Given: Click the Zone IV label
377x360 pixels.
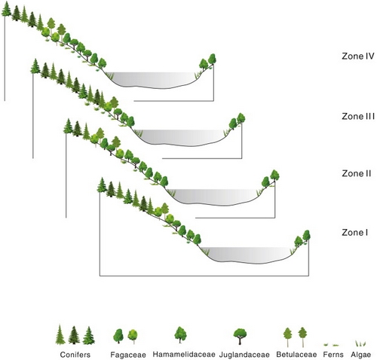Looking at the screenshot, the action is click(x=358, y=56).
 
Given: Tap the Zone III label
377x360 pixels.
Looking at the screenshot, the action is click(x=358, y=116).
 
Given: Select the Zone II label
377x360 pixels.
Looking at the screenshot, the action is click(x=357, y=173).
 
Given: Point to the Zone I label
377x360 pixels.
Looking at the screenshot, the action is click(x=354, y=233).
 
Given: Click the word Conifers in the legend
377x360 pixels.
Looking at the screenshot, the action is click(x=75, y=355).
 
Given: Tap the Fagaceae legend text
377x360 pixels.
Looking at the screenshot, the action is click(x=128, y=355).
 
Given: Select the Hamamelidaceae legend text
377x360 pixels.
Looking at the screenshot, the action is click(x=184, y=354).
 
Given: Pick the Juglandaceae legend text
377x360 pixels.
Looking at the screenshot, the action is click(x=244, y=355).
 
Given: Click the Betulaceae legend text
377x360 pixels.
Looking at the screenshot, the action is click(x=296, y=355).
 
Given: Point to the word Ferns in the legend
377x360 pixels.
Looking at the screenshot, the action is click(x=333, y=355).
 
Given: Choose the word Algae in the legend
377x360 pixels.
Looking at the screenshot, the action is click(x=361, y=355).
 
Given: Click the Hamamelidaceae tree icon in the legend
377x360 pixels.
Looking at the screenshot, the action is click(x=180, y=335).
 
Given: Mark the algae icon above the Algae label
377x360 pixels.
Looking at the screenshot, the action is click(x=360, y=343).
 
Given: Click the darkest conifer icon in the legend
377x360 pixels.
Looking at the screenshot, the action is click(x=74, y=335).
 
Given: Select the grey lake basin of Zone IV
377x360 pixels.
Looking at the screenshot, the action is click(x=152, y=80).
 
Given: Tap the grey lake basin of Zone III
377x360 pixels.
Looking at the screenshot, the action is click(x=180, y=138).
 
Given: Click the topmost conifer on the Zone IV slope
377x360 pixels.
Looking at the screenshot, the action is click(x=6, y=9).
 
